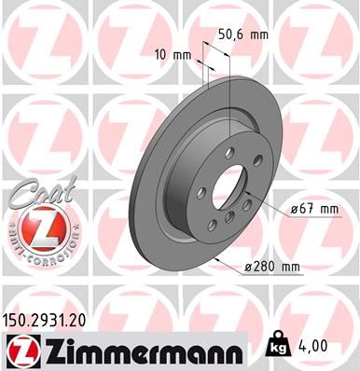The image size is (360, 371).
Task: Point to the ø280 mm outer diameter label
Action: [x=272, y=267]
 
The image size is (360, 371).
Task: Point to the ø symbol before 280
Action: [x=248, y=267]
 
